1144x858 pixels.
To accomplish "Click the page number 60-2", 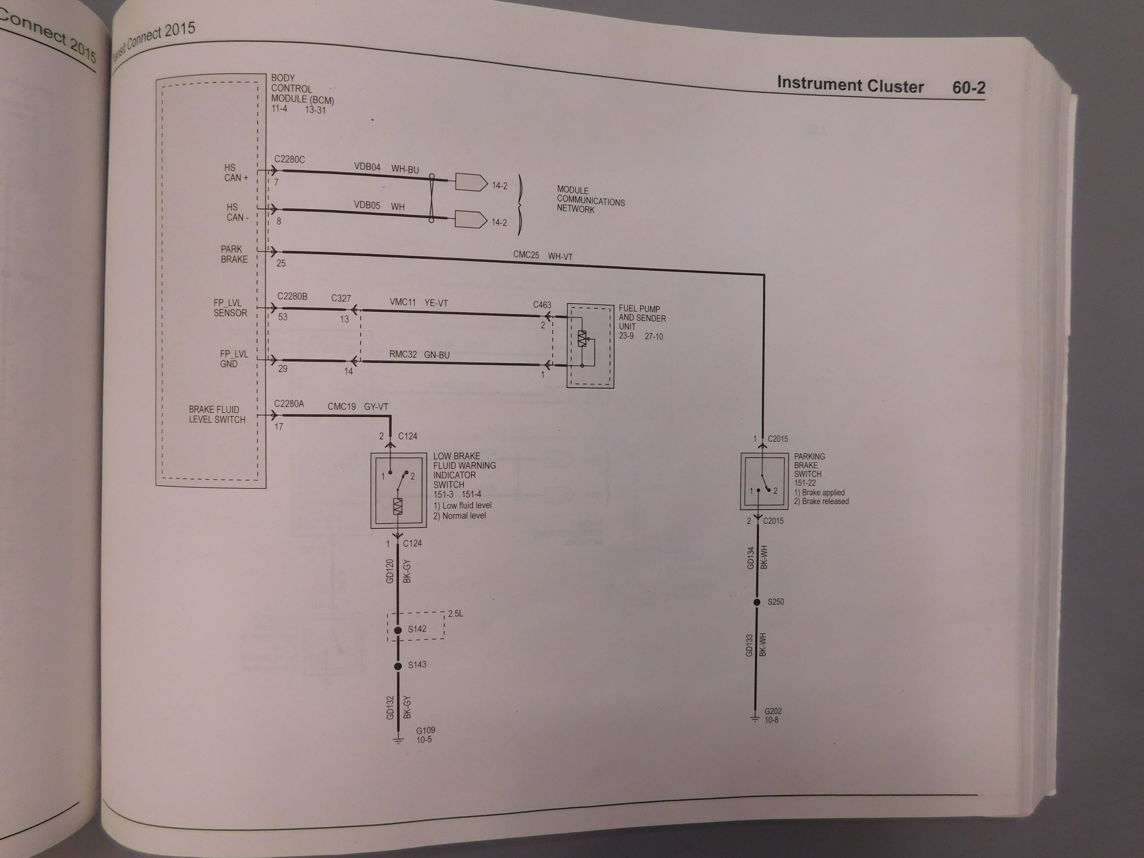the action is point(969,87).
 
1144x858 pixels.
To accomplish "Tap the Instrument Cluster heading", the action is point(850,85).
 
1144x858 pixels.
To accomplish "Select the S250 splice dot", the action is point(757,602).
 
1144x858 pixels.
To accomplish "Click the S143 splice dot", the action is point(398,666).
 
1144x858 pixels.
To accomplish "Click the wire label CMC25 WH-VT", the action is point(542,255).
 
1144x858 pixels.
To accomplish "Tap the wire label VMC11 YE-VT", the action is point(418,303).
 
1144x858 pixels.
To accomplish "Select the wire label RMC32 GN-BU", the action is point(419,355).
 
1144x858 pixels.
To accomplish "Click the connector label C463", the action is point(542,305).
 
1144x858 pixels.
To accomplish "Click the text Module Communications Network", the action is point(591,200).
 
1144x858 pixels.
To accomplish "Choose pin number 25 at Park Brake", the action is point(281,263).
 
